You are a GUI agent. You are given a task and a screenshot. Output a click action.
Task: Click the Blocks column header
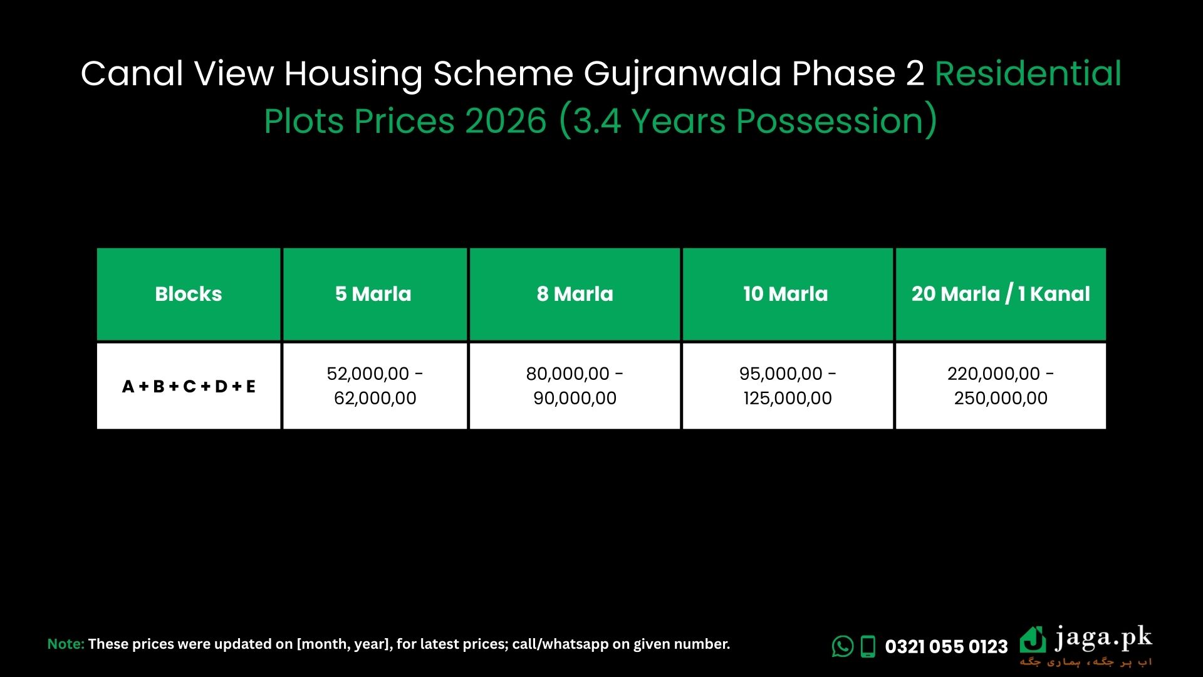click(189, 294)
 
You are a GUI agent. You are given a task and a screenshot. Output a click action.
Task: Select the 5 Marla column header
click(373, 294)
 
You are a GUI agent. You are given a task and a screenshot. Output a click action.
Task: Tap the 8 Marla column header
click(575, 294)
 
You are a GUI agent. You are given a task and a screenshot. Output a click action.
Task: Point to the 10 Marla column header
click(786, 294)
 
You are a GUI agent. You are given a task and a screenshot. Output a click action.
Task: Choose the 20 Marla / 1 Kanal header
click(1001, 294)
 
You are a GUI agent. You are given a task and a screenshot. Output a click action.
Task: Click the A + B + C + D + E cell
click(189, 386)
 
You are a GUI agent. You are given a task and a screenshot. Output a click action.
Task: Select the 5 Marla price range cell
click(375, 386)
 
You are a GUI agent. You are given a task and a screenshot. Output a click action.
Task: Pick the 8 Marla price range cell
click(575, 386)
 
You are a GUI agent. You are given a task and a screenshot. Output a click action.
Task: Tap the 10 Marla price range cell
click(788, 386)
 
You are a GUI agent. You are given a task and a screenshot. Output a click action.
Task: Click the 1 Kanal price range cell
click(1001, 386)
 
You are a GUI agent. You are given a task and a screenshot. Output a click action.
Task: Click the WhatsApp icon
click(843, 646)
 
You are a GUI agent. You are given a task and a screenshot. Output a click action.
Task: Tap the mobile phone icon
click(868, 646)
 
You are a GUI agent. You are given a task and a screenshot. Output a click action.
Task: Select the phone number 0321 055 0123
click(946, 646)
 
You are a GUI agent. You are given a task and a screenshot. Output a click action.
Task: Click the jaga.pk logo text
click(1103, 638)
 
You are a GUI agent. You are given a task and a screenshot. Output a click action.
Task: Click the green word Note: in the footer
click(66, 644)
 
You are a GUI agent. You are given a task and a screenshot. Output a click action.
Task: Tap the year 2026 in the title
click(506, 121)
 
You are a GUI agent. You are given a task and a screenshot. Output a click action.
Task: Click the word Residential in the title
click(1028, 74)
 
